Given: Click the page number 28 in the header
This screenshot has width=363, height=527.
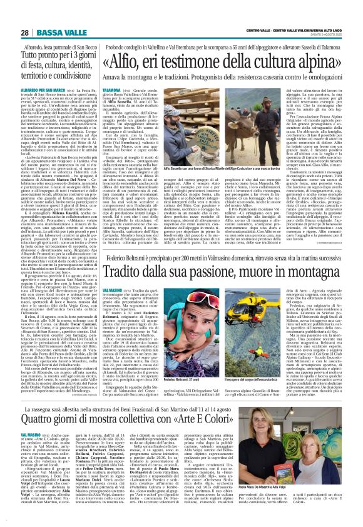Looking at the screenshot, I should coord(24,14).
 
